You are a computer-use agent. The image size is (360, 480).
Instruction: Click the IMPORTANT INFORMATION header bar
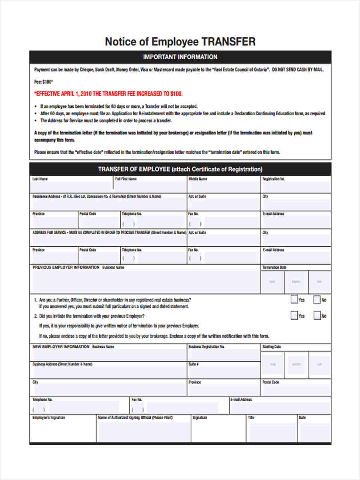pos(180,57)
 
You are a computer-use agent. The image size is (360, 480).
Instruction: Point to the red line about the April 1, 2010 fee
pos(108,94)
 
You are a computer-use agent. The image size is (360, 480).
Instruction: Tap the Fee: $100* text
pos(44,82)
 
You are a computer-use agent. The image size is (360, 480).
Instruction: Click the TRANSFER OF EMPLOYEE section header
pos(180,169)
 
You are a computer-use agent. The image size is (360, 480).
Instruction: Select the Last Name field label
pos(40,179)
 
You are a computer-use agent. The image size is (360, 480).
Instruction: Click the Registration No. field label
pos(274,179)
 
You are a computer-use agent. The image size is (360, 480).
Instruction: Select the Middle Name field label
pos(198,179)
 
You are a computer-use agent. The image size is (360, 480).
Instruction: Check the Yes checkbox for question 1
pos(294,299)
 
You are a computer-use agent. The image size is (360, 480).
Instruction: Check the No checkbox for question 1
pos(317,299)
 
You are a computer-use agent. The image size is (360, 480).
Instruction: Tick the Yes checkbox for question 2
pos(294,316)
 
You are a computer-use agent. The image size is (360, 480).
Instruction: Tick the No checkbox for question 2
pos(317,316)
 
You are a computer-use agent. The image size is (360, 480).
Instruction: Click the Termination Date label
pos(274,267)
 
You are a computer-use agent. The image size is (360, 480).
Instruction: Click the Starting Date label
pos(272,347)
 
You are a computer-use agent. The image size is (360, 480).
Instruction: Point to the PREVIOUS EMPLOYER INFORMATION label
pos(66,267)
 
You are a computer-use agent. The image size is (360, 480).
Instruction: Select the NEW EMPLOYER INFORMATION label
pos(61,347)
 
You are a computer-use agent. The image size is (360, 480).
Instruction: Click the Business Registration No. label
pos(206,347)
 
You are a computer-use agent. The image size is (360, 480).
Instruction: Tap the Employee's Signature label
pos(48,418)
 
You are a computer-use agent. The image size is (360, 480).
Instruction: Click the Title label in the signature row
pos(251,418)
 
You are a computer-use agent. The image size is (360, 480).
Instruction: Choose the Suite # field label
pos(194,364)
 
